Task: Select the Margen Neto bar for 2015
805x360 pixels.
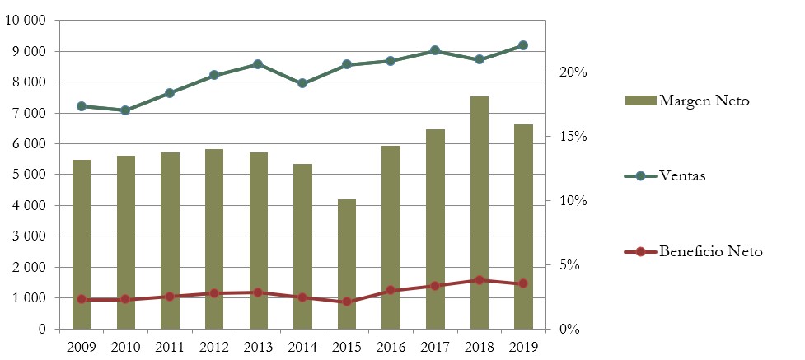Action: (347, 264)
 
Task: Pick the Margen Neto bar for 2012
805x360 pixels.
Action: (214, 239)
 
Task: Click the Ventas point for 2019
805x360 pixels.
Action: (523, 45)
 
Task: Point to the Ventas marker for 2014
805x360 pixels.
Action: (302, 83)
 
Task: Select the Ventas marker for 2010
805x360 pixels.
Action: (125, 110)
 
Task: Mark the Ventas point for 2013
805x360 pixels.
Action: (258, 64)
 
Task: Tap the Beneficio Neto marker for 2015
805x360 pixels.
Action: (347, 302)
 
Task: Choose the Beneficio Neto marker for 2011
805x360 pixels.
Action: (170, 296)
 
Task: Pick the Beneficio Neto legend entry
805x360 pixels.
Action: (710, 251)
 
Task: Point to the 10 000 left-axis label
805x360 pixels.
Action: (26, 21)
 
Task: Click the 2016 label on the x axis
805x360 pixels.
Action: (391, 347)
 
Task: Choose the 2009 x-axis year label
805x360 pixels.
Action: (82, 347)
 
